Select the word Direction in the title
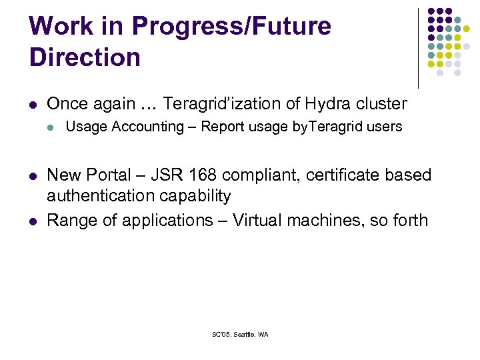tap(85, 57)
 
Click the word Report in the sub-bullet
tap(222, 127)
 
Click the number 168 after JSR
tap(209, 175)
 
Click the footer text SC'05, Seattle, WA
tap(239, 335)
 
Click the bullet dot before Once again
tap(33, 105)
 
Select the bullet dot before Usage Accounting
tap(51, 127)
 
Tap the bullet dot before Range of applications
tap(33, 221)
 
